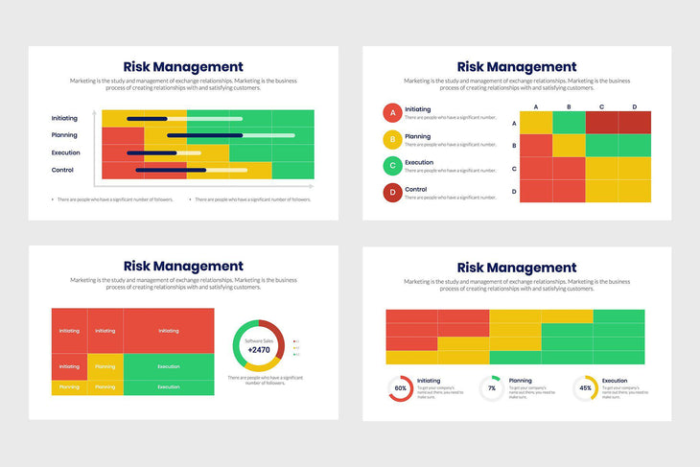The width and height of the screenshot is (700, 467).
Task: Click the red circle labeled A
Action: (391, 113)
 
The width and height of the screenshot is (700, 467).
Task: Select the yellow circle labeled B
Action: (391, 140)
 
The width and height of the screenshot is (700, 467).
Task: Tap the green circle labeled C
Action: (391, 166)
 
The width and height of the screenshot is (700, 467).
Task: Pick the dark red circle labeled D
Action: (391, 193)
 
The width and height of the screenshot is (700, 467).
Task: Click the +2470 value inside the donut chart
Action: (259, 351)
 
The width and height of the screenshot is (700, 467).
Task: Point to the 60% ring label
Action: (400, 388)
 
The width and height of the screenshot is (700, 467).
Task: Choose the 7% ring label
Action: (492, 388)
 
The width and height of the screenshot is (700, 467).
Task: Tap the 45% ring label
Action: (586, 388)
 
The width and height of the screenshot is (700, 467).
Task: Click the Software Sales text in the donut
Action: (259, 340)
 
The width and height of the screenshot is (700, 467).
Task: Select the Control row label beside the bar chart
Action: (62, 170)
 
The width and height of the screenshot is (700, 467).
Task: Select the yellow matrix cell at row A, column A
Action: (536, 123)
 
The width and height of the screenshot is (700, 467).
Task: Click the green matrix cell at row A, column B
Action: (569, 123)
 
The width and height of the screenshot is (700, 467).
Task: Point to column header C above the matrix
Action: (601, 106)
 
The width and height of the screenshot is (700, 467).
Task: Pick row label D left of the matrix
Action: (514, 192)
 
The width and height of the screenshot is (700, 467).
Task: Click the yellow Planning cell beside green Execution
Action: (105, 366)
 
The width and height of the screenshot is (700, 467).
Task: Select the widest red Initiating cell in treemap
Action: (169, 331)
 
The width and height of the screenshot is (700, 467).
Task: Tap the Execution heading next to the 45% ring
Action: (616, 381)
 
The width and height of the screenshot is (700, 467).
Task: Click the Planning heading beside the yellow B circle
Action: (417, 136)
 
